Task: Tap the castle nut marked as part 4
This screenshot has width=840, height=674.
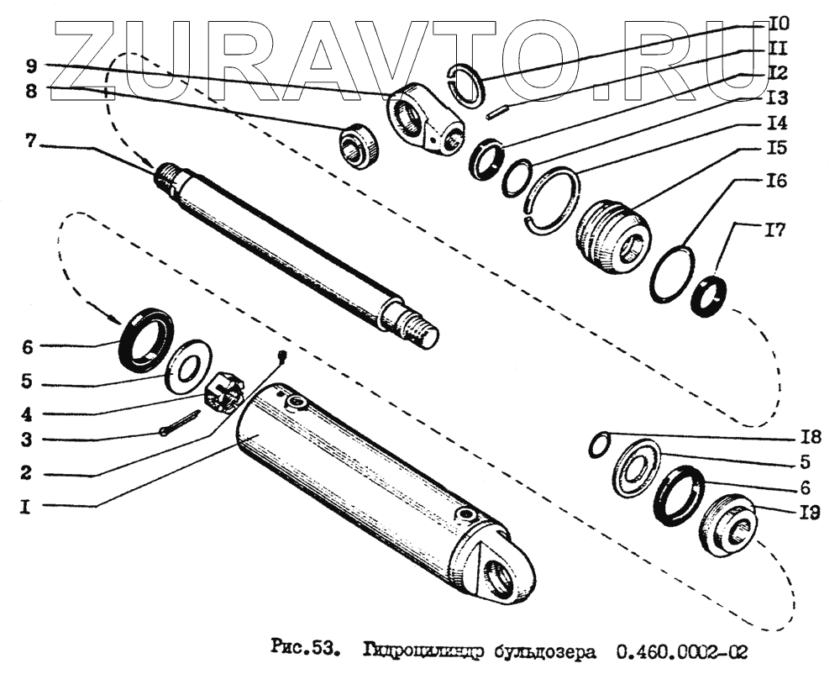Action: (x=225, y=391)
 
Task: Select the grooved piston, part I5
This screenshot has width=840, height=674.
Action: (x=612, y=234)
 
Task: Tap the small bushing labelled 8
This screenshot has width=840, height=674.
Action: (x=360, y=145)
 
